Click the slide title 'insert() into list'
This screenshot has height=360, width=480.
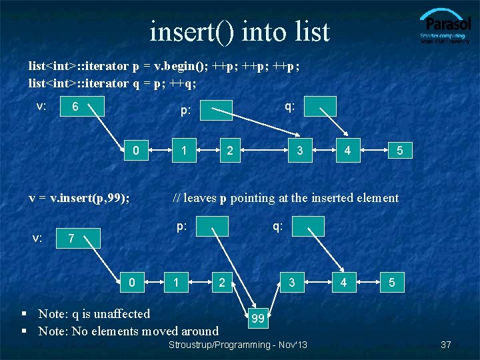coord(239,31)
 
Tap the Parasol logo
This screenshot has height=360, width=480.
coord(445,27)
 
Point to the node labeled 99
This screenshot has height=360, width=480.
coord(258,319)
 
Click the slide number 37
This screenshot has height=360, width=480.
coord(446,345)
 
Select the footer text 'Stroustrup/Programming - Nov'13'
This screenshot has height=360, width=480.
coord(238,345)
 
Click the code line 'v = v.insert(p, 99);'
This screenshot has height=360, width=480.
coord(79,197)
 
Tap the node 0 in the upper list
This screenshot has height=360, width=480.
coord(136,150)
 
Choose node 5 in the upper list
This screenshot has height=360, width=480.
coord(399,151)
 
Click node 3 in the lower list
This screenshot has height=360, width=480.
coord(291,282)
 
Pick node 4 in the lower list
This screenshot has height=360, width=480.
coord(343,282)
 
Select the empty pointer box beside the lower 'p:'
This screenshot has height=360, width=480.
coord(213,227)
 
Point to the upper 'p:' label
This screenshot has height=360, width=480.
coord(185,111)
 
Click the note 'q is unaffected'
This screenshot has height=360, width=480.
coord(94,313)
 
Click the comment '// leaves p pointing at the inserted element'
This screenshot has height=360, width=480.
coord(285,197)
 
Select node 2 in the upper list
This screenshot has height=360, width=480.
coord(229,150)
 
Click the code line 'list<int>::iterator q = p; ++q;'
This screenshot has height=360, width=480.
coord(112,83)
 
